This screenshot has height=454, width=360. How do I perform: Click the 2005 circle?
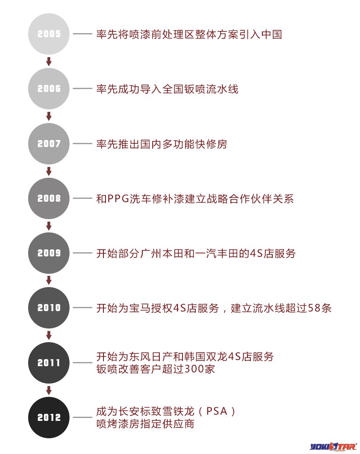pos(49,34)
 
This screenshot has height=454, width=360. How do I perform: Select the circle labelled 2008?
pos(49,198)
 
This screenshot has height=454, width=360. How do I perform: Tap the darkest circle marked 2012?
pos(49,417)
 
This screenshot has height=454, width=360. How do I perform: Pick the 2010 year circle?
pos(49,308)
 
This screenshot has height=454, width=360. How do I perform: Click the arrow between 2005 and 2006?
pos(49,61)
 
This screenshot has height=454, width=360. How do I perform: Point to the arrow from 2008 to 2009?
pos(49,226)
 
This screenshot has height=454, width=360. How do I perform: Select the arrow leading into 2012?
pos(49,390)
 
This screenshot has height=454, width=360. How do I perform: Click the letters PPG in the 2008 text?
pos(118,199)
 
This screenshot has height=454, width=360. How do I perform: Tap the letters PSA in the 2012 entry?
pos(216,411)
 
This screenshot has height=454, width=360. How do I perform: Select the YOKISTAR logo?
pos(333,447)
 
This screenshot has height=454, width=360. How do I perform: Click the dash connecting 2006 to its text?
pos(82,89)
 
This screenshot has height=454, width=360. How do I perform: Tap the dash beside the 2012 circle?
pos(82,417)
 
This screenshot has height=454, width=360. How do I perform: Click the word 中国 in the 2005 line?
pos(271,34)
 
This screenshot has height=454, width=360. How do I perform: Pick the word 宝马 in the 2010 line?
pos(140,308)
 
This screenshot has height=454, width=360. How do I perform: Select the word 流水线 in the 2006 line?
pos(222,89)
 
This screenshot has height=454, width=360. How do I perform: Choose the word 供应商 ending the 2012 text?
pos(178,424)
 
